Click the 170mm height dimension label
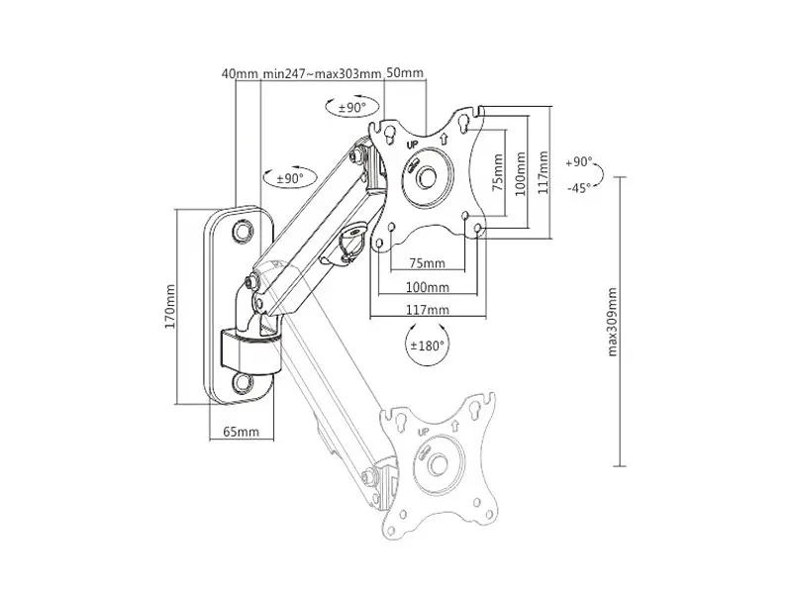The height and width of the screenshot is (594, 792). pos(170,307)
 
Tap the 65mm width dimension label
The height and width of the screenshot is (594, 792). pos(241,432)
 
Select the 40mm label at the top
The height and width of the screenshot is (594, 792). pos(240,73)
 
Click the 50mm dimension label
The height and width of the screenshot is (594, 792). pos(405,72)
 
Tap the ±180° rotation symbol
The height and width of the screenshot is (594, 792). pos(428,346)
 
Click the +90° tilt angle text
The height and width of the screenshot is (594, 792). pos(578,162)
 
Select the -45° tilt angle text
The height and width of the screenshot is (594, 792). pos(578,188)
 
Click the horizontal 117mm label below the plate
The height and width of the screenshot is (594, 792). pos(428,310)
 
